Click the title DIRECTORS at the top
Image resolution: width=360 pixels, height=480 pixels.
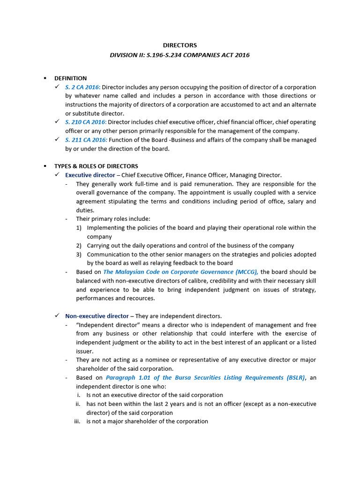180,45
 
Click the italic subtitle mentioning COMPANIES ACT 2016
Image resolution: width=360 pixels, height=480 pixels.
180,55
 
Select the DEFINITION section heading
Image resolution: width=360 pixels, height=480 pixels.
70,78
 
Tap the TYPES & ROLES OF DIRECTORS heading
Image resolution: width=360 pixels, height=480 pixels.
96,166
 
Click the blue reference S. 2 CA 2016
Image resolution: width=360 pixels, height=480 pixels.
82,87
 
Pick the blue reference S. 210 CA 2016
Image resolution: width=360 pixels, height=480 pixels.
86,122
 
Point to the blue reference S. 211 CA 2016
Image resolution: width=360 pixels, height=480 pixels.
86,140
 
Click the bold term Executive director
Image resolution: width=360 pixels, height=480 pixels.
90,175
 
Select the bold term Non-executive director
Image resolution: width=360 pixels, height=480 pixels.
97,316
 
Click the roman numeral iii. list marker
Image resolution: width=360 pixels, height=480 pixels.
78,421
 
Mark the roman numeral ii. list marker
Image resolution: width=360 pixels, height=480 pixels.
79,404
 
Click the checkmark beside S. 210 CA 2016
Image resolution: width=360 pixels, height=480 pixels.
57,122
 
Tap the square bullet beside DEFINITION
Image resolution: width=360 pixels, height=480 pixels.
45,78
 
